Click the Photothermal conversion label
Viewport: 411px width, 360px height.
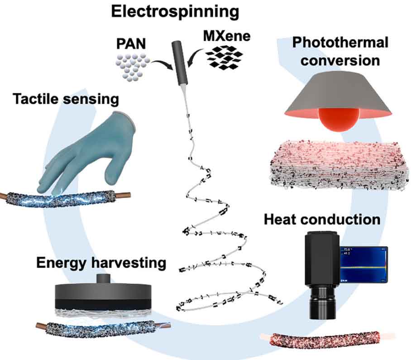tap(339, 51)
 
